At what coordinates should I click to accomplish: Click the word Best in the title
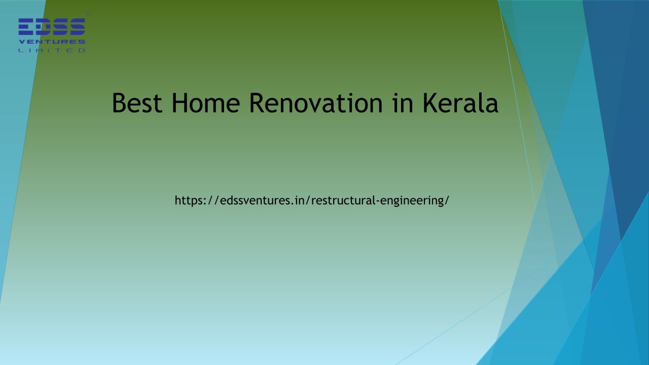coord(137,103)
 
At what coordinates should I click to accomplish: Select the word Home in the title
coord(206,103)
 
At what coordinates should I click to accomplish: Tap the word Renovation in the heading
coord(316,103)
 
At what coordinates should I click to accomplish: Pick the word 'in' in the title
coord(403,103)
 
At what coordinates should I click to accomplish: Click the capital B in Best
coord(119,103)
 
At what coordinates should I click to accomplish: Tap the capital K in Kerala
coord(431,103)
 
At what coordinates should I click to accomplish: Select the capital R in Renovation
coord(258,103)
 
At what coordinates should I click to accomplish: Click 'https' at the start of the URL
coord(189,200)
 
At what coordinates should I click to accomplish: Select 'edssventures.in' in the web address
coord(261,200)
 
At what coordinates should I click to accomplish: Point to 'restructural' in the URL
coord(343,200)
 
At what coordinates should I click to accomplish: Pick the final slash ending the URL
coord(447,200)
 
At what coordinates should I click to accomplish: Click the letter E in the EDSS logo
coord(26,27)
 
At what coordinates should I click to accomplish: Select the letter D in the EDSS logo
coord(43,27)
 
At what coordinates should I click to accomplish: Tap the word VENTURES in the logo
coord(52,42)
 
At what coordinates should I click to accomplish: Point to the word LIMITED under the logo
coord(52,50)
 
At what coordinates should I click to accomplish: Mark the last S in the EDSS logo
coord(77,27)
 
